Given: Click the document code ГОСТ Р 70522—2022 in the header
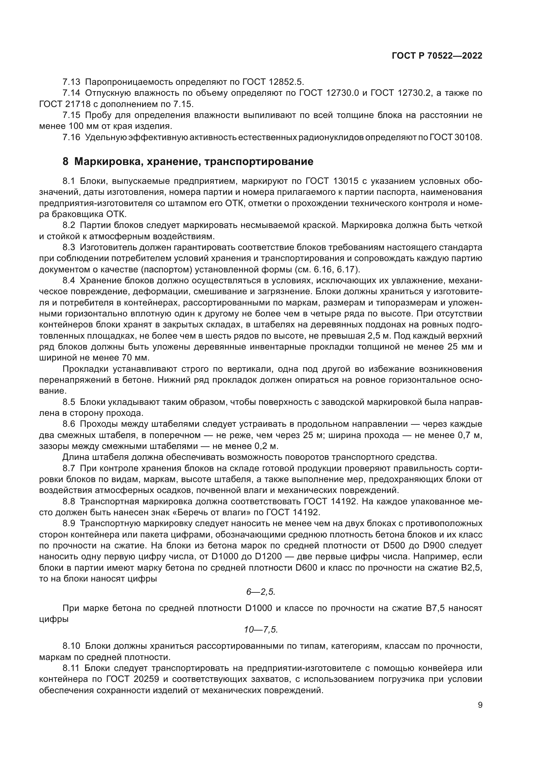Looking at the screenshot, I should pos(437,56).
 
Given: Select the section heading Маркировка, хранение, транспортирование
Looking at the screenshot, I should pos(194,162).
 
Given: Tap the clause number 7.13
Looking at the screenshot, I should pos(71,82).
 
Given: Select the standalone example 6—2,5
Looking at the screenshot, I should pos(261,592).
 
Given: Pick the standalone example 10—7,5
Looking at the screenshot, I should pos(261,630).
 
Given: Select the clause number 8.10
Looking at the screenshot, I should pos(71,646).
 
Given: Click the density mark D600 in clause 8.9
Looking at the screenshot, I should pos(306,568).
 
